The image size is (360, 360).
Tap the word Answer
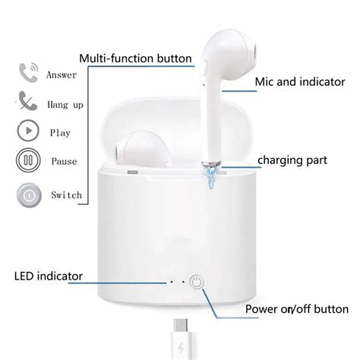click(62, 74)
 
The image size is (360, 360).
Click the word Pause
click(64, 162)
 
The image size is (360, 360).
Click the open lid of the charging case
click(179, 125)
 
